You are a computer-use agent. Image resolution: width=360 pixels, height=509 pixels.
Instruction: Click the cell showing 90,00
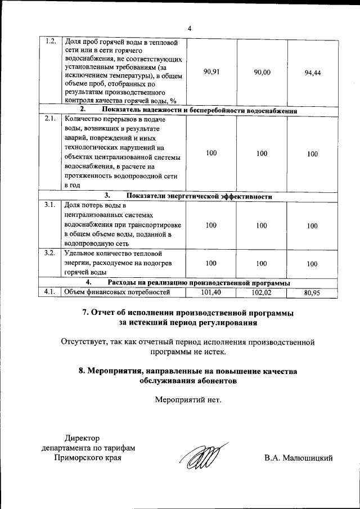(x=262, y=71)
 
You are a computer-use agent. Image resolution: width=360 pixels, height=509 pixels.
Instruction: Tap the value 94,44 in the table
(x=312, y=73)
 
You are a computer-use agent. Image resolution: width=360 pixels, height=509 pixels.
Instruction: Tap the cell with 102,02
(x=262, y=292)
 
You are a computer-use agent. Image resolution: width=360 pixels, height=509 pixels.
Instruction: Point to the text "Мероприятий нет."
(x=188, y=400)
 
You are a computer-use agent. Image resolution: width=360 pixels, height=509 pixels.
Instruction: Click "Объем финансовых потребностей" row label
(x=117, y=291)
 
